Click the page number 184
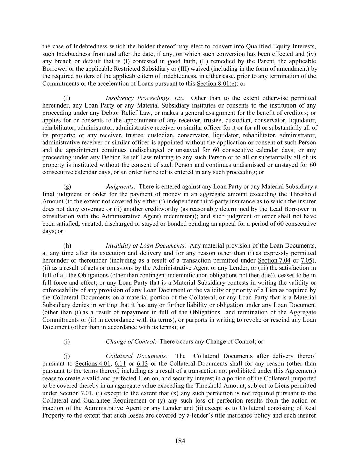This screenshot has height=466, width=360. [x=180, y=441]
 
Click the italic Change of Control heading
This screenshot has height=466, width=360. [x=131, y=341]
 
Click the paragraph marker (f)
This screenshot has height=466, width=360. [x=67, y=98]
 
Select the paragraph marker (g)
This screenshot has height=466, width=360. [x=67, y=186]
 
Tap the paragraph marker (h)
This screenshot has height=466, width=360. [x=67, y=245]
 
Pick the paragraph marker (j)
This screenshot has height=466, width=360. [x=67, y=356]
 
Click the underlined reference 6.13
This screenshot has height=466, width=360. [x=142, y=363]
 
